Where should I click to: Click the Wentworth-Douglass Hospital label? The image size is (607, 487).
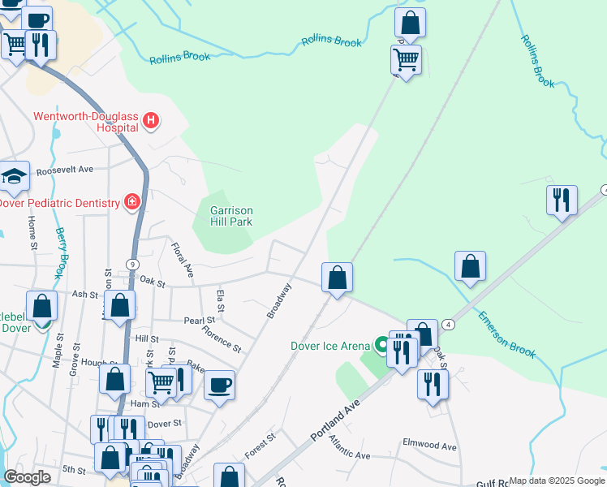(x=84, y=122)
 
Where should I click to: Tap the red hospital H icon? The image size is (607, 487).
(x=150, y=122)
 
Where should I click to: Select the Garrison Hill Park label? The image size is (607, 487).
(x=231, y=216)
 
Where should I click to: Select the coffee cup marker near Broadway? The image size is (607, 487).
(x=219, y=385)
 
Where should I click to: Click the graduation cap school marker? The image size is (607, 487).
(x=14, y=175)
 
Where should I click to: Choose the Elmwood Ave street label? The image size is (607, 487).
(x=429, y=446)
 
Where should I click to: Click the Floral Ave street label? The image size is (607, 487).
(x=183, y=256)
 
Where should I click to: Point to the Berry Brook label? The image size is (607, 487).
(x=62, y=252)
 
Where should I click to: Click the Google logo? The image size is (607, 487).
(x=28, y=477)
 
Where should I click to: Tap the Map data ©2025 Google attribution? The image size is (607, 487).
(x=556, y=481)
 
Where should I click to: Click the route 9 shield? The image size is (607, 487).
(x=131, y=264)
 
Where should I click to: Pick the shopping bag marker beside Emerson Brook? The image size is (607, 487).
(x=470, y=266)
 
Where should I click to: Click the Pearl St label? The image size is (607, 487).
(x=198, y=321)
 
